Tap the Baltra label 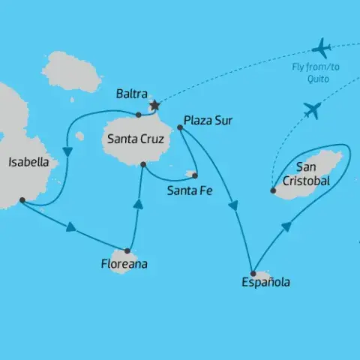[x=132, y=94]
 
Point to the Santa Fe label [x=190, y=190]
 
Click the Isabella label [x=28, y=161]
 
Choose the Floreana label [x=124, y=264]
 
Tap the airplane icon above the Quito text [x=322, y=49]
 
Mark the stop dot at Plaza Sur [x=180, y=127]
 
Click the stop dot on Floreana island [x=127, y=250]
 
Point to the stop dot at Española [x=253, y=273]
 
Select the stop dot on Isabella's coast [x=22, y=199]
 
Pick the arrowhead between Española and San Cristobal [x=286, y=225]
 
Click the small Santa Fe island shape [x=192, y=175]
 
